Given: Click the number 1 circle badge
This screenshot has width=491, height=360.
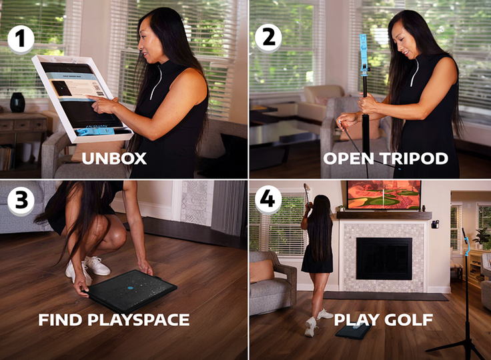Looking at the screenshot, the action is [x=21, y=39].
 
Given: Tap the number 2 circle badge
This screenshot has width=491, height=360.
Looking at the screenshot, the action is [x=268, y=38].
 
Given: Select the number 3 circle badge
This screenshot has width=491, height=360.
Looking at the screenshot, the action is [x=21, y=200].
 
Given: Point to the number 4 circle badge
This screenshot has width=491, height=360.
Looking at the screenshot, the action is [x=268, y=200].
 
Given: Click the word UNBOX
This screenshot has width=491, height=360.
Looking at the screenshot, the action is [x=114, y=159].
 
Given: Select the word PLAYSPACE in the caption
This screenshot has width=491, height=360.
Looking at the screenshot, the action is [x=138, y=319].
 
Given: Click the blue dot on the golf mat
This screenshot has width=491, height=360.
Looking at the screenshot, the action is [x=130, y=287].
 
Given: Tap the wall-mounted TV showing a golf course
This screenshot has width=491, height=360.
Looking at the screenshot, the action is [x=384, y=195].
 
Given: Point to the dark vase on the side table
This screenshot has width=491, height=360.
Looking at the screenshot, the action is [x=17, y=103].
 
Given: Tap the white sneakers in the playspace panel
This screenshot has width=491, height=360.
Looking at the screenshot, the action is [x=88, y=269].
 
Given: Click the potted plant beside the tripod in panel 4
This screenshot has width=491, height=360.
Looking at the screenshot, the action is [x=482, y=237].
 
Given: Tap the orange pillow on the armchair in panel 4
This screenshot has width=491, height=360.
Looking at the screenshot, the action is [x=262, y=271].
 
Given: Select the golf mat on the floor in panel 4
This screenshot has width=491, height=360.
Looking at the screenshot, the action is [x=354, y=331].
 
